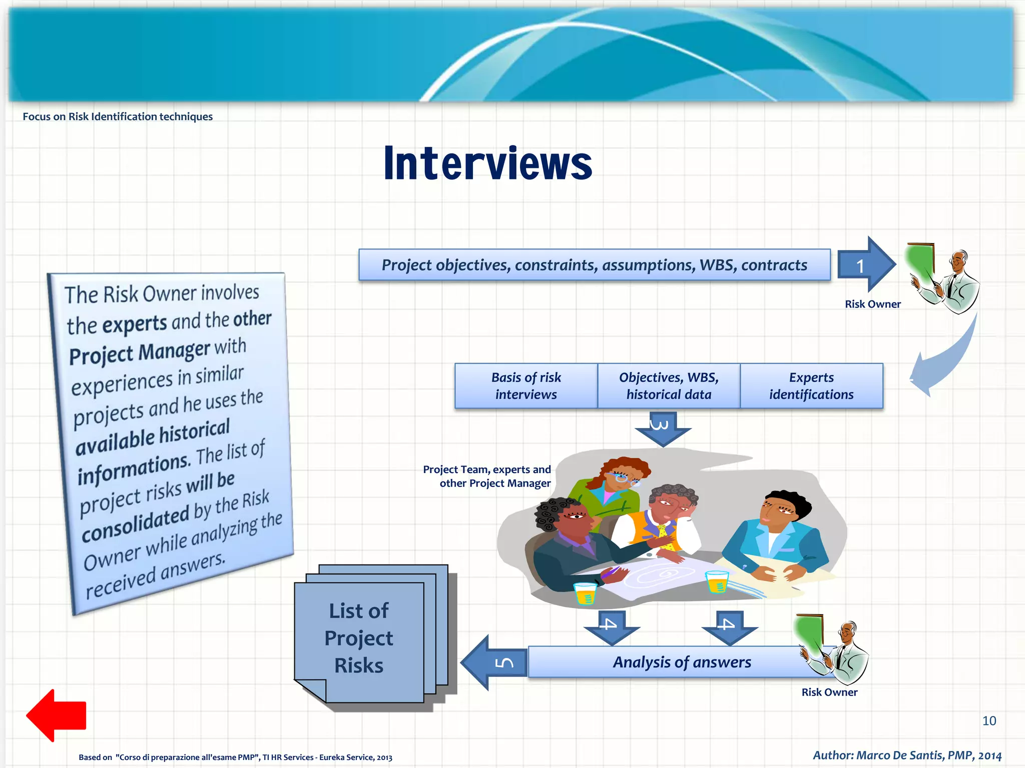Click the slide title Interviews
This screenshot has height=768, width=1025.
point(488,163)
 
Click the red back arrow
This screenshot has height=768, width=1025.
point(56,715)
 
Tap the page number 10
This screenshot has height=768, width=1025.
point(989,720)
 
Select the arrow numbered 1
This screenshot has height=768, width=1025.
point(865,265)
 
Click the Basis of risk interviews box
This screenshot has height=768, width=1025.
point(526,386)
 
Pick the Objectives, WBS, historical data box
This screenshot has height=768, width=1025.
point(669,386)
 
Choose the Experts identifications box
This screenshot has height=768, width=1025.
point(811,386)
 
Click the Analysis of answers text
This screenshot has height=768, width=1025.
point(682,662)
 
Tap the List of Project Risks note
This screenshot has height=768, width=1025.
point(359,638)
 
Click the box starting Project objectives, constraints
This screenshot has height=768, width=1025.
point(594,265)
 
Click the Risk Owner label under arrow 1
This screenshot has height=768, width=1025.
point(872,304)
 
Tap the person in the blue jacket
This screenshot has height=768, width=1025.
point(773,535)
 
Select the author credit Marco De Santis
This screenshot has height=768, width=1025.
point(907,755)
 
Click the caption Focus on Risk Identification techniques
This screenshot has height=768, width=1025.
point(118,116)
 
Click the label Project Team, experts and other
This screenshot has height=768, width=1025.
point(486,476)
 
